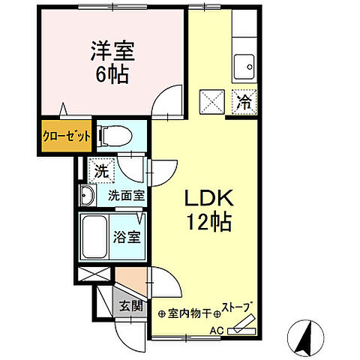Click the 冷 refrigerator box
coord(244,97)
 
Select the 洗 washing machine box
coord(100,171)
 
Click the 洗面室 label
coord(124,196)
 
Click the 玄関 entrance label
coord(130,305)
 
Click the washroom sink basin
coord(87,197)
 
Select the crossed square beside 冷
coord(214,99)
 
